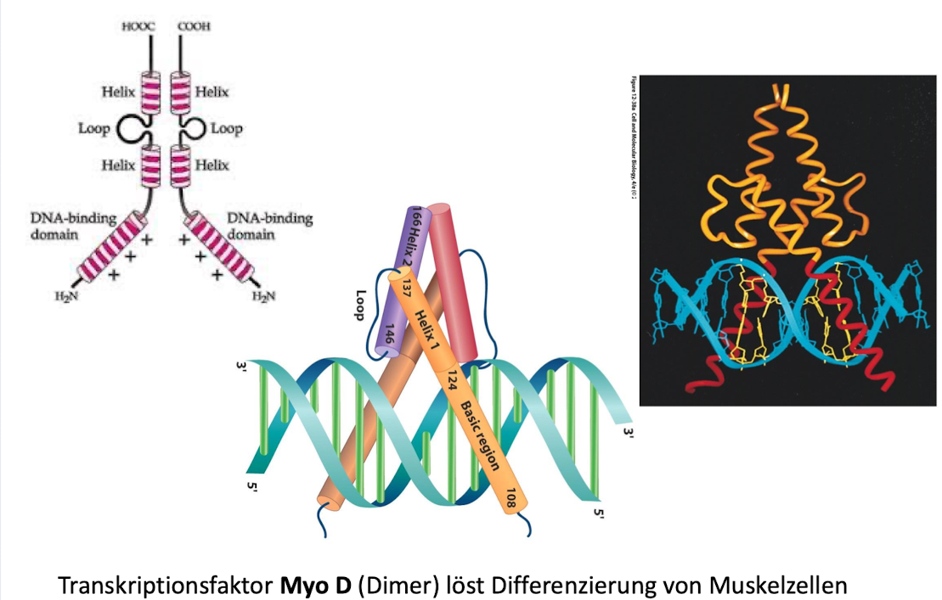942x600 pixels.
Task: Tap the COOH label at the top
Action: coord(193,26)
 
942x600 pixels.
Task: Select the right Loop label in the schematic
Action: coord(227,129)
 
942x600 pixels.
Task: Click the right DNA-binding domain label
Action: coord(271,225)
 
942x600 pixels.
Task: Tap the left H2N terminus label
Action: coord(65,295)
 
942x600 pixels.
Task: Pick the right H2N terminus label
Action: coord(265,295)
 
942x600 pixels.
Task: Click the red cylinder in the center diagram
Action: coord(459,280)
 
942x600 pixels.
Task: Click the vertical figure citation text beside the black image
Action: coord(634,136)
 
